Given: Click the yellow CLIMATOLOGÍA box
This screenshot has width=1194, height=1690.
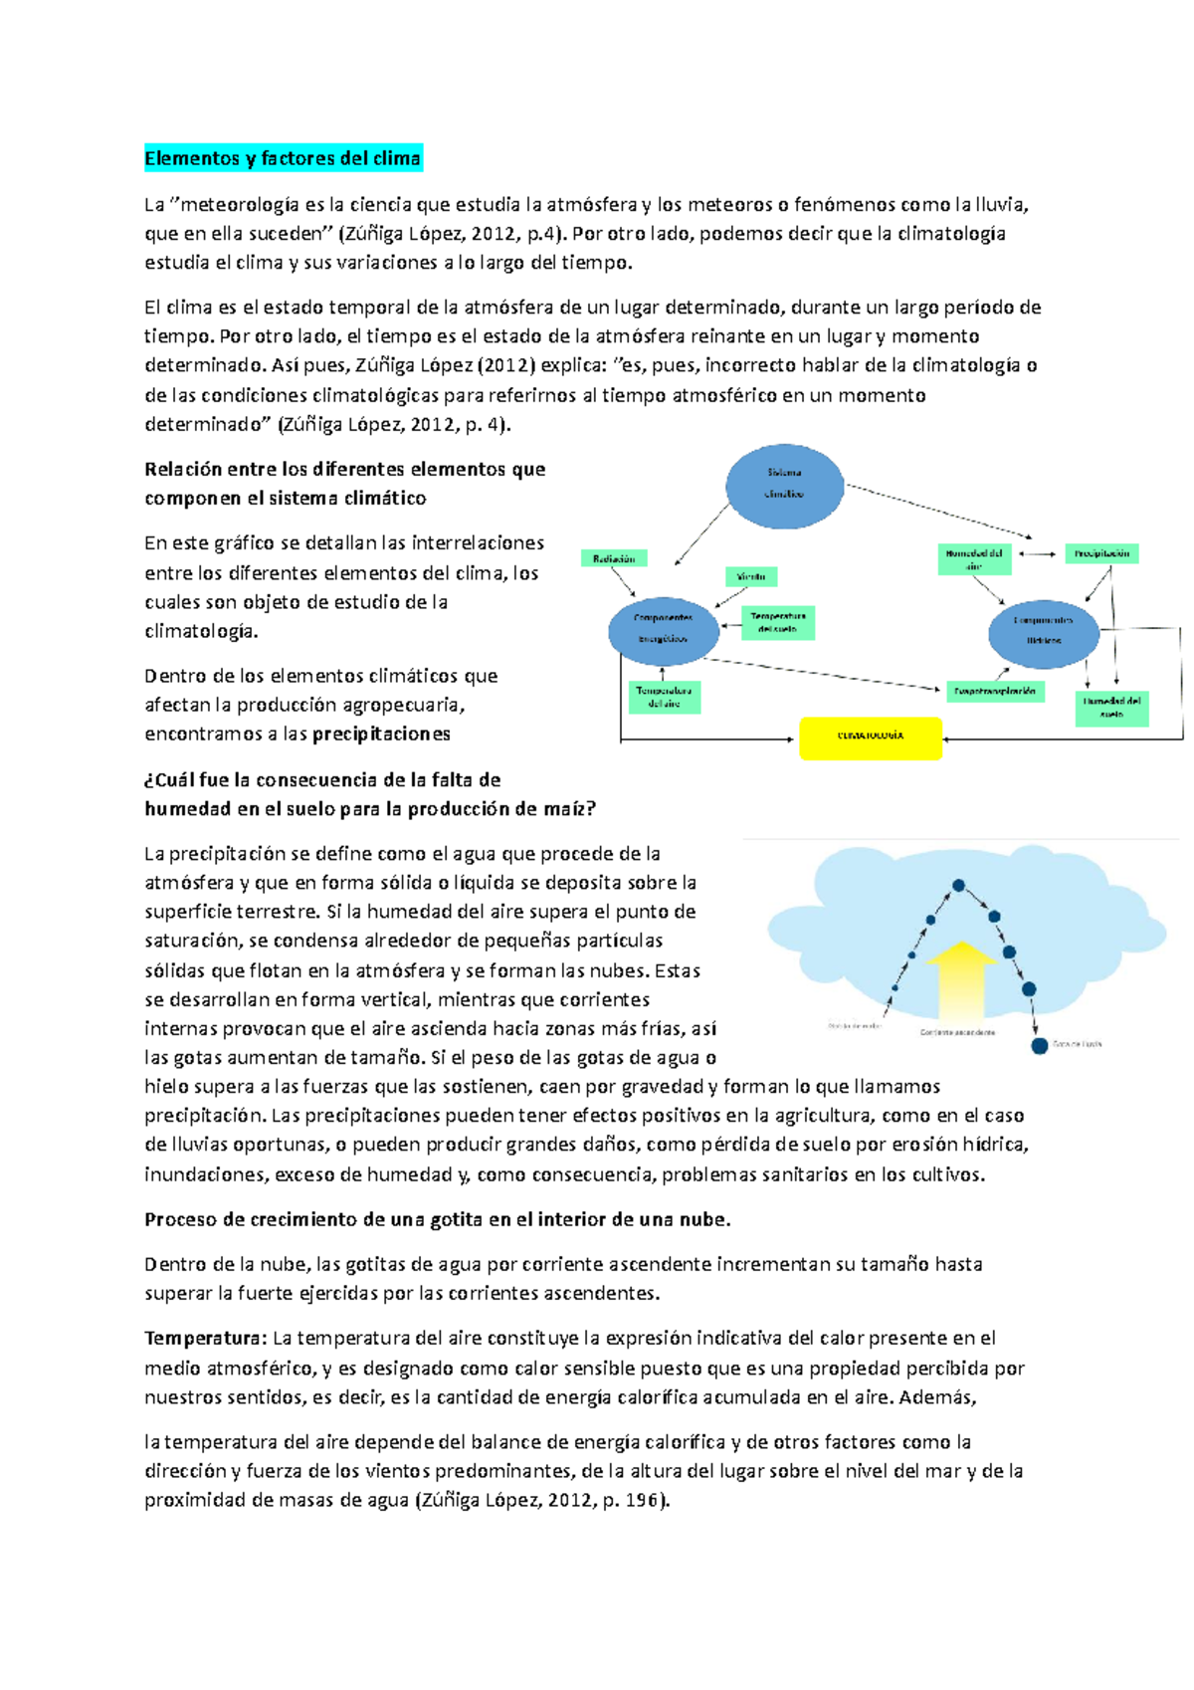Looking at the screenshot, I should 871,738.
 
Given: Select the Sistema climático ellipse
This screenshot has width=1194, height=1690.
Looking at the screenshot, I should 784,485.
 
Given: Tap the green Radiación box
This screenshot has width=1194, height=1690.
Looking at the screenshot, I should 614,559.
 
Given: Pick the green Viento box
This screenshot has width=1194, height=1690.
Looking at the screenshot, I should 751,576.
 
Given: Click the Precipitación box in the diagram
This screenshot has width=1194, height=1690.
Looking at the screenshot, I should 1101,553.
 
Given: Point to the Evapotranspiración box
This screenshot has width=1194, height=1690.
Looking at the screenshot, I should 995,691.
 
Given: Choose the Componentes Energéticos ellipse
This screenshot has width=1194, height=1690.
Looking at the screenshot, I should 663,628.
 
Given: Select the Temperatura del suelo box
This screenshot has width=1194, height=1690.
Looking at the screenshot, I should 778,623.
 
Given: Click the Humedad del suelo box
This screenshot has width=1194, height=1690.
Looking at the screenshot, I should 1111,708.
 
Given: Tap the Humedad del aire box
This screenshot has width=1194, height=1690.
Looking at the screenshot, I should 974,558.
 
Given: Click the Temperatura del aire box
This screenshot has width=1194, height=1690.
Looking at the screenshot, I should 664,697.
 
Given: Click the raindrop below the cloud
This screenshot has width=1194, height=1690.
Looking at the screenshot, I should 1039,1046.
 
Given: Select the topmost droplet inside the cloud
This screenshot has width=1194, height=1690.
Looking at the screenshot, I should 958,885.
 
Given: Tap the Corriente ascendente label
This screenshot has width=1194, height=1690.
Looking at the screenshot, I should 957,1032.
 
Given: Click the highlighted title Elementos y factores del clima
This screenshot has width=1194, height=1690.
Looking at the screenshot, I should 283,158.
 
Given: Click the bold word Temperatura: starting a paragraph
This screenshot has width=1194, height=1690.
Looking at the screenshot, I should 205,1339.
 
